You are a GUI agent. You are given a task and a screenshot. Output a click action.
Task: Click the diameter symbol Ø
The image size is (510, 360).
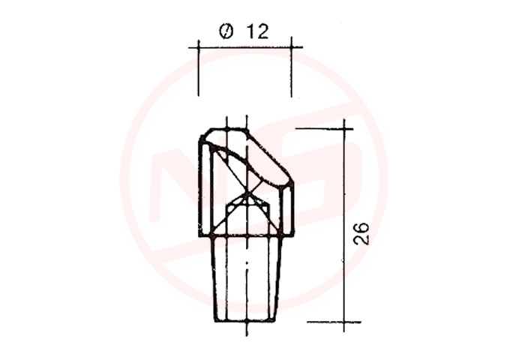[x=226, y=31]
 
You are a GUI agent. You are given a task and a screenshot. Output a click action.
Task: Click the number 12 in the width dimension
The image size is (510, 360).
[x=257, y=31]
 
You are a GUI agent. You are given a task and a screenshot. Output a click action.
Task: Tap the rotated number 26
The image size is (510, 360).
[x=361, y=233]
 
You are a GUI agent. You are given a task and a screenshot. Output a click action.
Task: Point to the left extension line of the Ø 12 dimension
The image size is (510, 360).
[x=199, y=68]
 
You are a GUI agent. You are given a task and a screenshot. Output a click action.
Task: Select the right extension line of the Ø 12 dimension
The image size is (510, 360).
[x=292, y=67]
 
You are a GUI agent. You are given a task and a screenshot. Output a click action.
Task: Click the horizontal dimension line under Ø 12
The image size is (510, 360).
[x=245, y=47]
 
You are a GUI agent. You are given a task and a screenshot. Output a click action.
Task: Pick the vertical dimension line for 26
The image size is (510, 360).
[x=344, y=226]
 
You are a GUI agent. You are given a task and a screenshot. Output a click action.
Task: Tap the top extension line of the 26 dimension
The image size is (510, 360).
[x=324, y=129]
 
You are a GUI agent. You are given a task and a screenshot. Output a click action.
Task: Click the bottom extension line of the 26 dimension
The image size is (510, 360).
[x=334, y=322]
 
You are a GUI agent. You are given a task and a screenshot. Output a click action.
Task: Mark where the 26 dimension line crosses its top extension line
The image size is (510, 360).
[x=344, y=129]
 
